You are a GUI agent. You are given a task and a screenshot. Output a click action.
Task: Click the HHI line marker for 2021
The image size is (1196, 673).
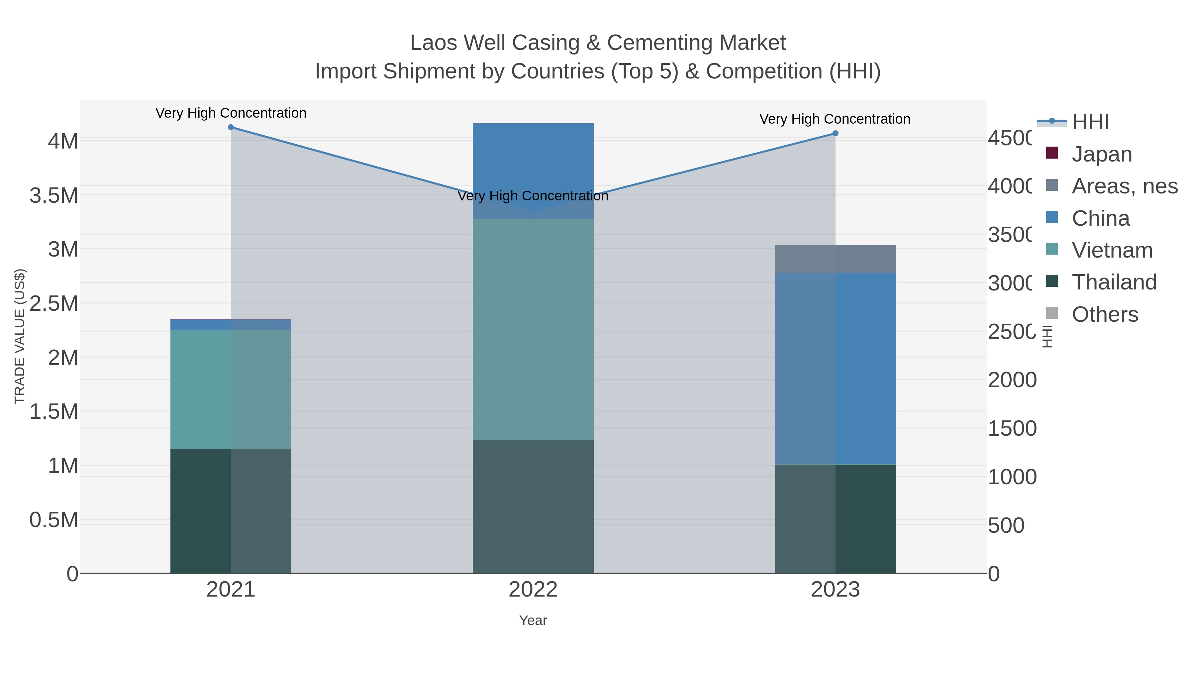click(231, 127)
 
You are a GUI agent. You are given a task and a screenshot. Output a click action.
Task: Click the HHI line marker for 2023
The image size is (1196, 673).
click(835, 133)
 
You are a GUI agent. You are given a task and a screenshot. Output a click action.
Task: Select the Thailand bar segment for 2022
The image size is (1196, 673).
click(533, 506)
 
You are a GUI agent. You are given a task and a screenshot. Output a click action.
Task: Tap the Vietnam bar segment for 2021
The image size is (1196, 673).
click(231, 389)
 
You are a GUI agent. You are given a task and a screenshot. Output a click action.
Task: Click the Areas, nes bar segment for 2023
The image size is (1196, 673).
click(835, 259)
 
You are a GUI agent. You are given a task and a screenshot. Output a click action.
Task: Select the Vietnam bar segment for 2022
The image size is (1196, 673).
click(533, 329)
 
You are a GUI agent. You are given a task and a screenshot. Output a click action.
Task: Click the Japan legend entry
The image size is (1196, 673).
click(1101, 154)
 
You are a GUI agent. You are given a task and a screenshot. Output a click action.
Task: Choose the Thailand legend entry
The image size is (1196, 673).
click(1113, 282)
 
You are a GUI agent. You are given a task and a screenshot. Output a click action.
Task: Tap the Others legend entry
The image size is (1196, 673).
click(1104, 314)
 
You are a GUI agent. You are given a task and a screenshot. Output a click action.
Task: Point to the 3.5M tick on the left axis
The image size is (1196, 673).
click(53, 195)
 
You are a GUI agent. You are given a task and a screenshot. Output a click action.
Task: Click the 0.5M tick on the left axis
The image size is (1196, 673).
click(53, 520)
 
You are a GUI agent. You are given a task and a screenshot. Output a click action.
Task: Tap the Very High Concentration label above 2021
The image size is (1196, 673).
click(231, 113)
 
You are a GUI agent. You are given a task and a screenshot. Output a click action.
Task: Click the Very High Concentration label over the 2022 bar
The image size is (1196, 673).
click(533, 195)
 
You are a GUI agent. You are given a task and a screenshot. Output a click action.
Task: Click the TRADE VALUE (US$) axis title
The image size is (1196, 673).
click(20, 336)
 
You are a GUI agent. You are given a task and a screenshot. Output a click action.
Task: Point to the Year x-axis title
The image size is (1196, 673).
click(533, 620)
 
